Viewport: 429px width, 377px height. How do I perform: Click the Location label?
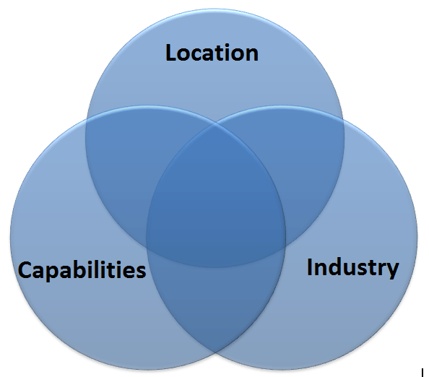[x=212, y=53]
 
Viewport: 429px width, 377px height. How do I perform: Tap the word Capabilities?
[x=82, y=270]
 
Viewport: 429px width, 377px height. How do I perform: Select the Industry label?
[x=353, y=267]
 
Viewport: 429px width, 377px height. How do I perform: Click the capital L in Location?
[x=171, y=53]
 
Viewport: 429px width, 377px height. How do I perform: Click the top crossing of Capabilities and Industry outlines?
[x=216, y=123]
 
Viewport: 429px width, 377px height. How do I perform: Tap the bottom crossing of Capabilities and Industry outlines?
[x=216, y=352]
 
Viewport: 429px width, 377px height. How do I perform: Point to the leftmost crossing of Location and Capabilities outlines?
[x=87, y=119]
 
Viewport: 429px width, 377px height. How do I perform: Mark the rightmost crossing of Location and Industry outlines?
[x=343, y=119]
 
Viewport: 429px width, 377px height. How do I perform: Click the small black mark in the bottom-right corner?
[x=422, y=373]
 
